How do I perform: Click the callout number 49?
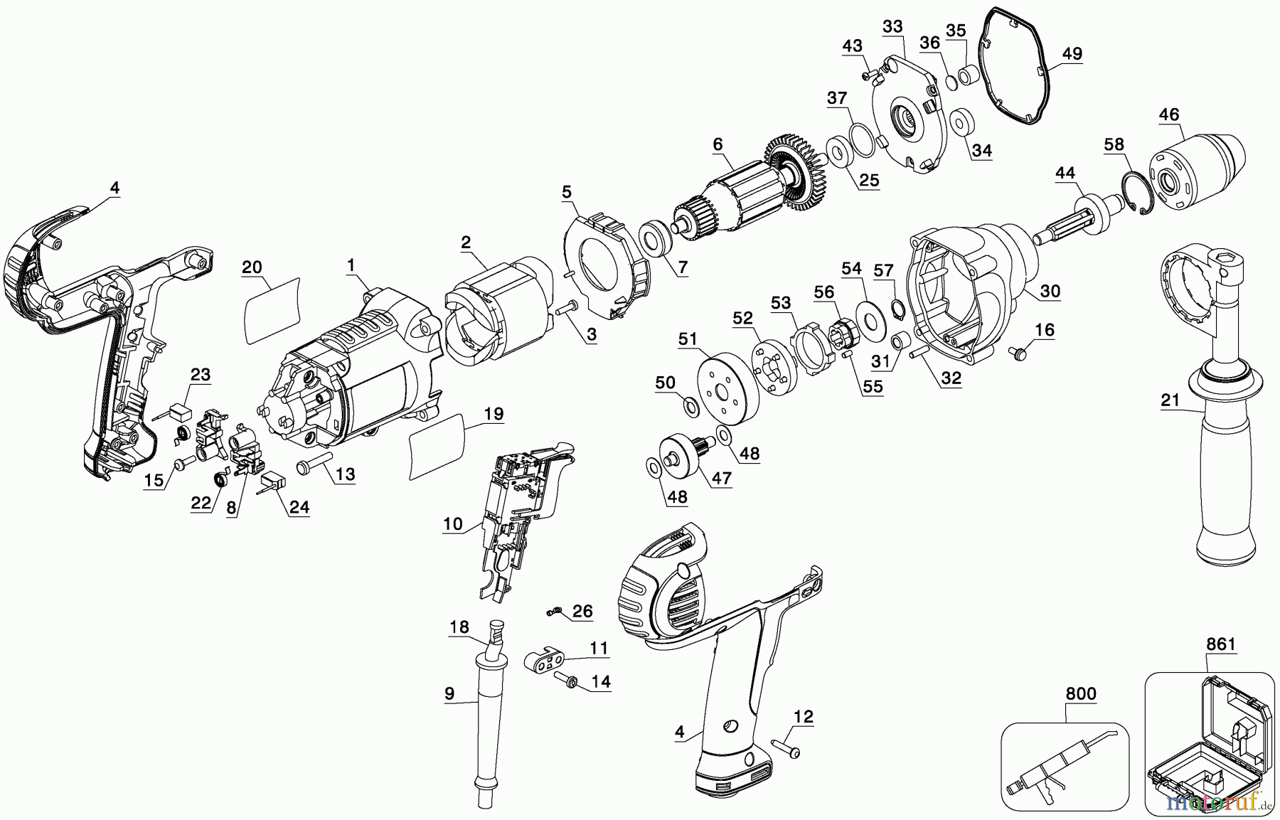click(1072, 53)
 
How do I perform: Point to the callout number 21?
click(1170, 401)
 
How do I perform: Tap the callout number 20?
click(252, 267)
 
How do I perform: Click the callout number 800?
click(1081, 693)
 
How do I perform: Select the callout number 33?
click(892, 27)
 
